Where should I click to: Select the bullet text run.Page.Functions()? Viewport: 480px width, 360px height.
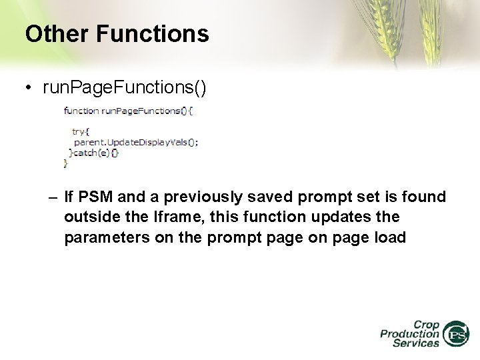[125, 88]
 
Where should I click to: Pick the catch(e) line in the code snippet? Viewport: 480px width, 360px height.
[95, 152]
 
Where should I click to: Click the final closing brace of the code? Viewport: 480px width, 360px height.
[65, 162]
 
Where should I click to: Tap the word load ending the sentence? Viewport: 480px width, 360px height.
[389, 238]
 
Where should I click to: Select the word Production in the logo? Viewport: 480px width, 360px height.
[409, 334]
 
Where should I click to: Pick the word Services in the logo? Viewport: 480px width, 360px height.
[415, 343]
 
